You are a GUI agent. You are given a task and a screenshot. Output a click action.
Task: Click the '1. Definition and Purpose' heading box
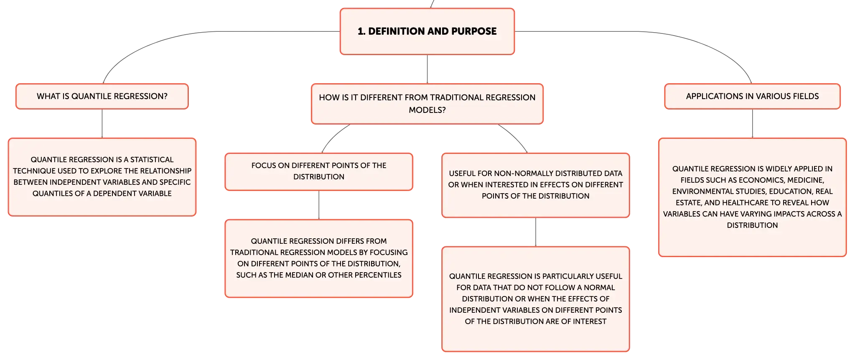coord(427,31)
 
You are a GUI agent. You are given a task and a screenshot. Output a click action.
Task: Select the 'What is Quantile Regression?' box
coord(102,96)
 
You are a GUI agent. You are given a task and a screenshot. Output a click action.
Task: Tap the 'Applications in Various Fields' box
coord(752,96)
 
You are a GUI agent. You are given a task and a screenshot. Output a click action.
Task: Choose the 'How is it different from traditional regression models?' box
coord(427,104)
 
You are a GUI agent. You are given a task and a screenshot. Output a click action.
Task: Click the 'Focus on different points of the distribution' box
coord(319,171)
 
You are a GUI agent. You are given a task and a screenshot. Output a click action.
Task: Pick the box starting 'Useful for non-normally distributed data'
coord(536,185)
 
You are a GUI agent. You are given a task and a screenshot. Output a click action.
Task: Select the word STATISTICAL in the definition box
coord(152,160)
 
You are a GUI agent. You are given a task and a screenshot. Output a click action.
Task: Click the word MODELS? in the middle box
coord(427,110)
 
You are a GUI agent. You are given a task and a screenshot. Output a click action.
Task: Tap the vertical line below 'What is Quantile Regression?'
coord(102,124)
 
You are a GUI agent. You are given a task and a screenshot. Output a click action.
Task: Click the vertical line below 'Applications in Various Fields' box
coord(752,124)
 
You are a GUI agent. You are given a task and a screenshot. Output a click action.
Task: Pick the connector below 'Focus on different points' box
coord(319,205)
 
